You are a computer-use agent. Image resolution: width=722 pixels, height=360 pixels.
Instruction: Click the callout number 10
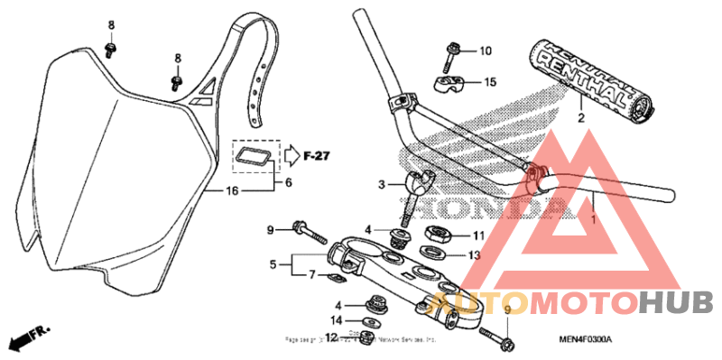486,51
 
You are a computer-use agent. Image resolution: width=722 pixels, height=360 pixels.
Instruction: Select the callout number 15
490,82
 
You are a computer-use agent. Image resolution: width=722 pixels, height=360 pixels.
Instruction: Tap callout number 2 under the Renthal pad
580,118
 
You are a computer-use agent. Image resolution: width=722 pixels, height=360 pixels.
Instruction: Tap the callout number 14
336,320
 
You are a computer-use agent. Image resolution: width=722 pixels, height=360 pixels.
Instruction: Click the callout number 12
331,337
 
